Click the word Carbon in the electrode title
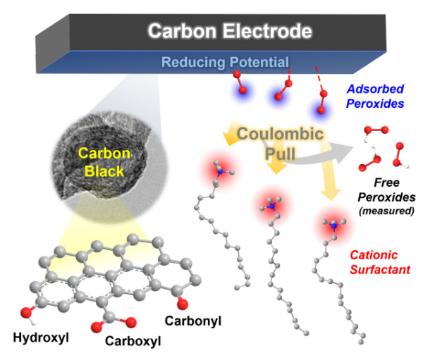coord(181,32)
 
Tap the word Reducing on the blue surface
coord(189,62)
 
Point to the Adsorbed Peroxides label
coord(377,95)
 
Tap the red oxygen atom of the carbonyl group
coord(183,304)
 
